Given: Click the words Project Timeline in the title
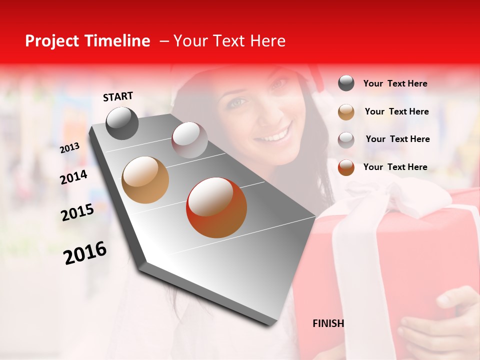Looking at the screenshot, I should [x=87, y=41].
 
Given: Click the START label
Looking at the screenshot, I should [x=118, y=96].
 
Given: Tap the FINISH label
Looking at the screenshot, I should [x=328, y=323].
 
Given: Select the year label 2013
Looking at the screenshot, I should [x=69, y=148].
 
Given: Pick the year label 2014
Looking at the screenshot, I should [x=73, y=177].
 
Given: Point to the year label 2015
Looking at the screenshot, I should [x=77, y=212].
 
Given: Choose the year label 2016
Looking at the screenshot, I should [x=85, y=253].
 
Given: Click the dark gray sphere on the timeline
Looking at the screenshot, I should [x=122, y=123].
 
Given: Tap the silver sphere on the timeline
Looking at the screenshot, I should [x=189, y=140].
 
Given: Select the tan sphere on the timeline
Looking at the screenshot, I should [x=145, y=180].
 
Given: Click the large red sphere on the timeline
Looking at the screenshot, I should [x=216, y=207].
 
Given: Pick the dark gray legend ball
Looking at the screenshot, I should [x=346, y=83].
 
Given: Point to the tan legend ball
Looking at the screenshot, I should [x=346, y=111].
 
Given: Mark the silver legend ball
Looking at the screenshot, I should [x=346, y=139].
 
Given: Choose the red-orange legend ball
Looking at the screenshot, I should [x=346, y=167].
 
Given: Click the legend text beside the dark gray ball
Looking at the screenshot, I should [x=395, y=84].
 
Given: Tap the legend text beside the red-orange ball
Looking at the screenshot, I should [x=395, y=167].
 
